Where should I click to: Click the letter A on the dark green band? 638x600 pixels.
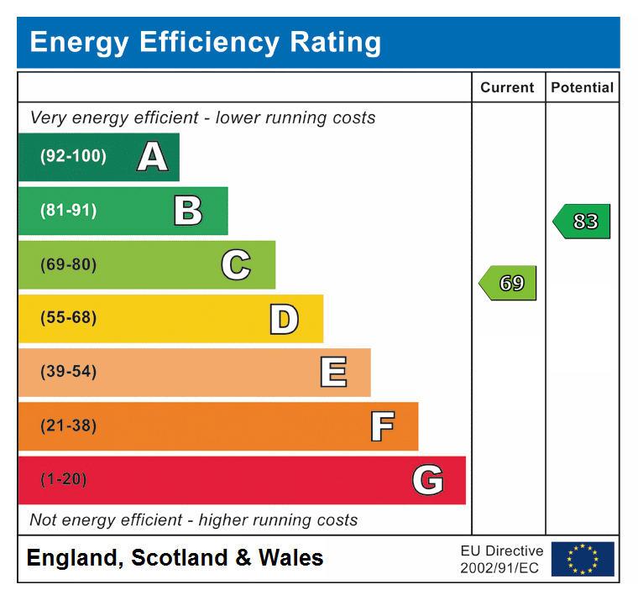pyautogui.click(x=152, y=157)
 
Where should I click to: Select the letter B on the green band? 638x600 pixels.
pyautogui.click(x=188, y=211)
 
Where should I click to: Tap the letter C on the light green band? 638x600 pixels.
pyautogui.click(x=236, y=265)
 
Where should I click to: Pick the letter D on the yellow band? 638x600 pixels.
pyautogui.click(x=284, y=319)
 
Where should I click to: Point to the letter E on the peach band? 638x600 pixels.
pyautogui.click(x=333, y=372)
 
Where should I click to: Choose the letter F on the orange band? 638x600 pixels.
pyautogui.click(x=382, y=426)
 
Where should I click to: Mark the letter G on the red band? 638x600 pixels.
pyautogui.click(x=428, y=480)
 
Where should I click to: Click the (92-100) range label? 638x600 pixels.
pyautogui.click(x=73, y=157)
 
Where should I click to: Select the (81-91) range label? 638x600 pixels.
pyautogui.click(x=68, y=211)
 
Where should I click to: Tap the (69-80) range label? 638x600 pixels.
pyautogui.click(x=68, y=265)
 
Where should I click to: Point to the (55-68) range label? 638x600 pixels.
pyautogui.click(x=68, y=319)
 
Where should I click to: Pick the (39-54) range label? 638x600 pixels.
pyautogui.click(x=68, y=372)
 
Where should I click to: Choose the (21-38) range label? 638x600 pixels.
pyautogui.click(x=68, y=426)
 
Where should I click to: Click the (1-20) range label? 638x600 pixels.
pyautogui.click(x=64, y=480)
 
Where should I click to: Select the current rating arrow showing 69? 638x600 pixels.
pyautogui.click(x=509, y=284)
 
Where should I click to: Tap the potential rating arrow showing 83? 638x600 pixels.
pyautogui.click(x=583, y=222)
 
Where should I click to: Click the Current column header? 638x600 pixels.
pyautogui.click(x=507, y=87)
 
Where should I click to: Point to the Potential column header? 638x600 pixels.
pyautogui.click(x=582, y=87)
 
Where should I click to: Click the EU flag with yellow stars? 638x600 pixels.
pyautogui.click(x=582, y=559)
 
